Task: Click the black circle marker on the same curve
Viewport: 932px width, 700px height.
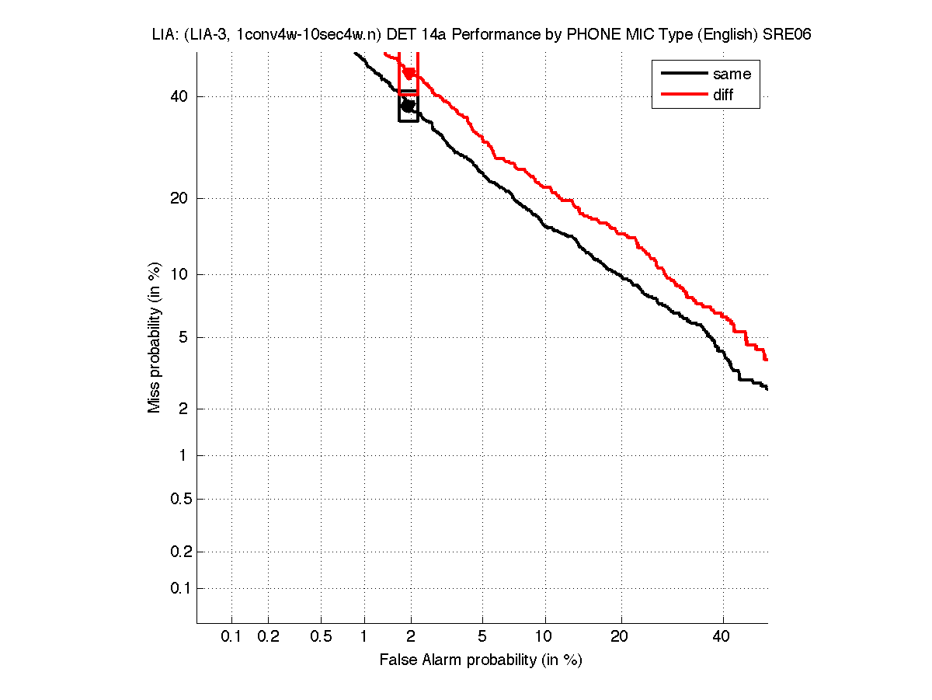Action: click(409, 106)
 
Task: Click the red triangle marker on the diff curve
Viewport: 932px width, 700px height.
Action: click(409, 74)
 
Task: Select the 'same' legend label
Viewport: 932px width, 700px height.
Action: click(732, 75)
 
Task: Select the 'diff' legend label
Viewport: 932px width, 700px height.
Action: click(723, 95)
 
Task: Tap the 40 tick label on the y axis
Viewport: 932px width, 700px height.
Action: click(179, 96)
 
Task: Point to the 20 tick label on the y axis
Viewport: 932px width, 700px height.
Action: click(179, 198)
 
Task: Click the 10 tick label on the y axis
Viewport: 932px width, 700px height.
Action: click(179, 274)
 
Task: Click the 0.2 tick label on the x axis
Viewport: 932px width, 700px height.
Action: click(268, 637)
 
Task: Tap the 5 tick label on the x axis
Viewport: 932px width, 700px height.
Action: click(482, 637)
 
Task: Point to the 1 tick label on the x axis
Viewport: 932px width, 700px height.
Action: click(364, 637)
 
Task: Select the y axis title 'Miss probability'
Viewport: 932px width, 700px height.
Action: click(155, 336)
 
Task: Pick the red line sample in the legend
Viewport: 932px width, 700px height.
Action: click(683, 95)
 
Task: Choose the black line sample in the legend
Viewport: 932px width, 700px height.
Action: click(683, 75)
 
